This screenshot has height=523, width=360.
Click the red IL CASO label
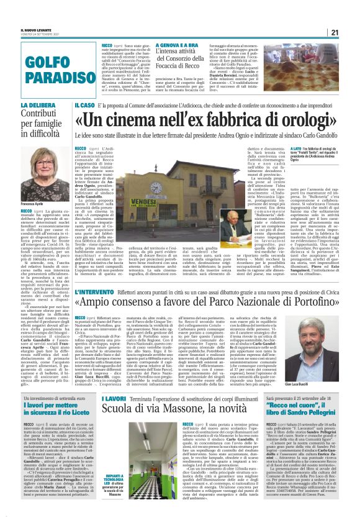(85, 106)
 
